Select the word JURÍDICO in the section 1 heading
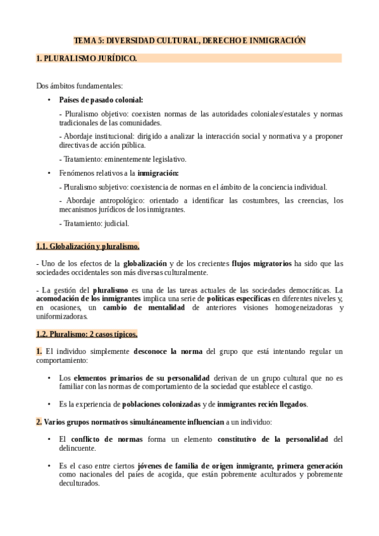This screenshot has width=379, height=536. [116, 59]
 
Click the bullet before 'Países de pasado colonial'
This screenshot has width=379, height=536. [49, 100]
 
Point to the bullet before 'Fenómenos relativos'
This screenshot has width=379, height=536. [49, 173]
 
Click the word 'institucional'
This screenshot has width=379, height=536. [115, 137]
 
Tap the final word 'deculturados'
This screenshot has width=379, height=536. [79, 484]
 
